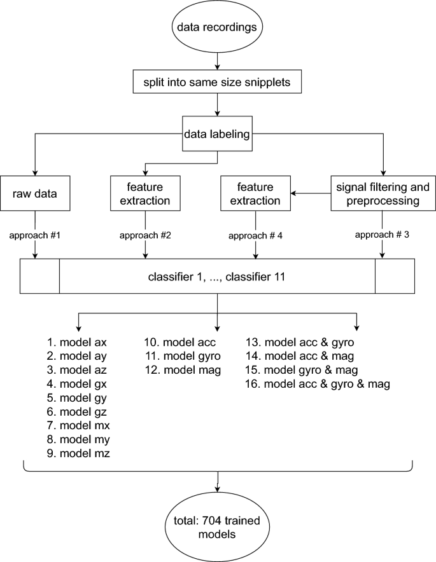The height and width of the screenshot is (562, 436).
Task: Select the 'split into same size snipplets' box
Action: (218, 82)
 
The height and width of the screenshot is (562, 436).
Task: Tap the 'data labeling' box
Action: (218, 134)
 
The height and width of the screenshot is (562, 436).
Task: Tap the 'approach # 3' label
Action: (382, 234)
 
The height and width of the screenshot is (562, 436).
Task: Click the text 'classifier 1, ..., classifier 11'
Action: (218, 277)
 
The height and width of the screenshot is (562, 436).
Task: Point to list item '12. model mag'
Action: (183, 370)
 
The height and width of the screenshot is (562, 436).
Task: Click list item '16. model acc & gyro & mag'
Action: (318, 384)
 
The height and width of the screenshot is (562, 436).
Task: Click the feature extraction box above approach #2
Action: (146, 193)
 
